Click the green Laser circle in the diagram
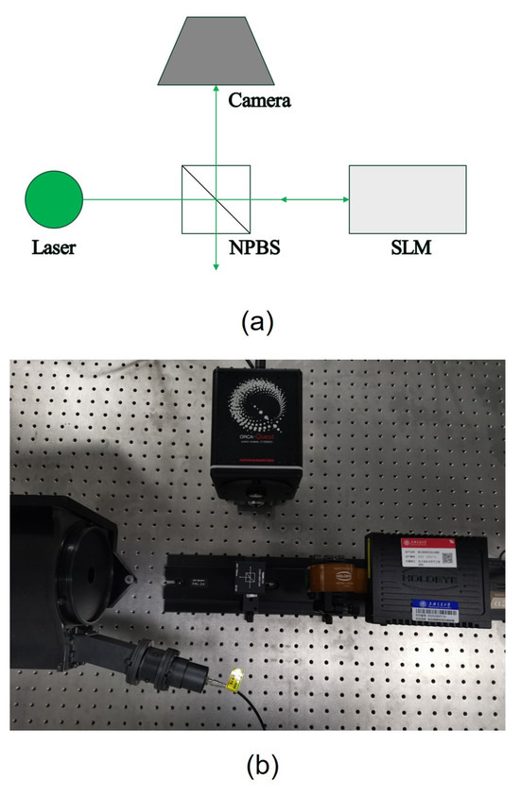[x=54, y=199]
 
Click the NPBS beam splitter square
[x=216, y=199]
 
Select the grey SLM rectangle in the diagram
[x=407, y=199]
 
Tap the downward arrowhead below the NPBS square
[x=216, y=268]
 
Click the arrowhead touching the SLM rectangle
[x=343, y=199]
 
